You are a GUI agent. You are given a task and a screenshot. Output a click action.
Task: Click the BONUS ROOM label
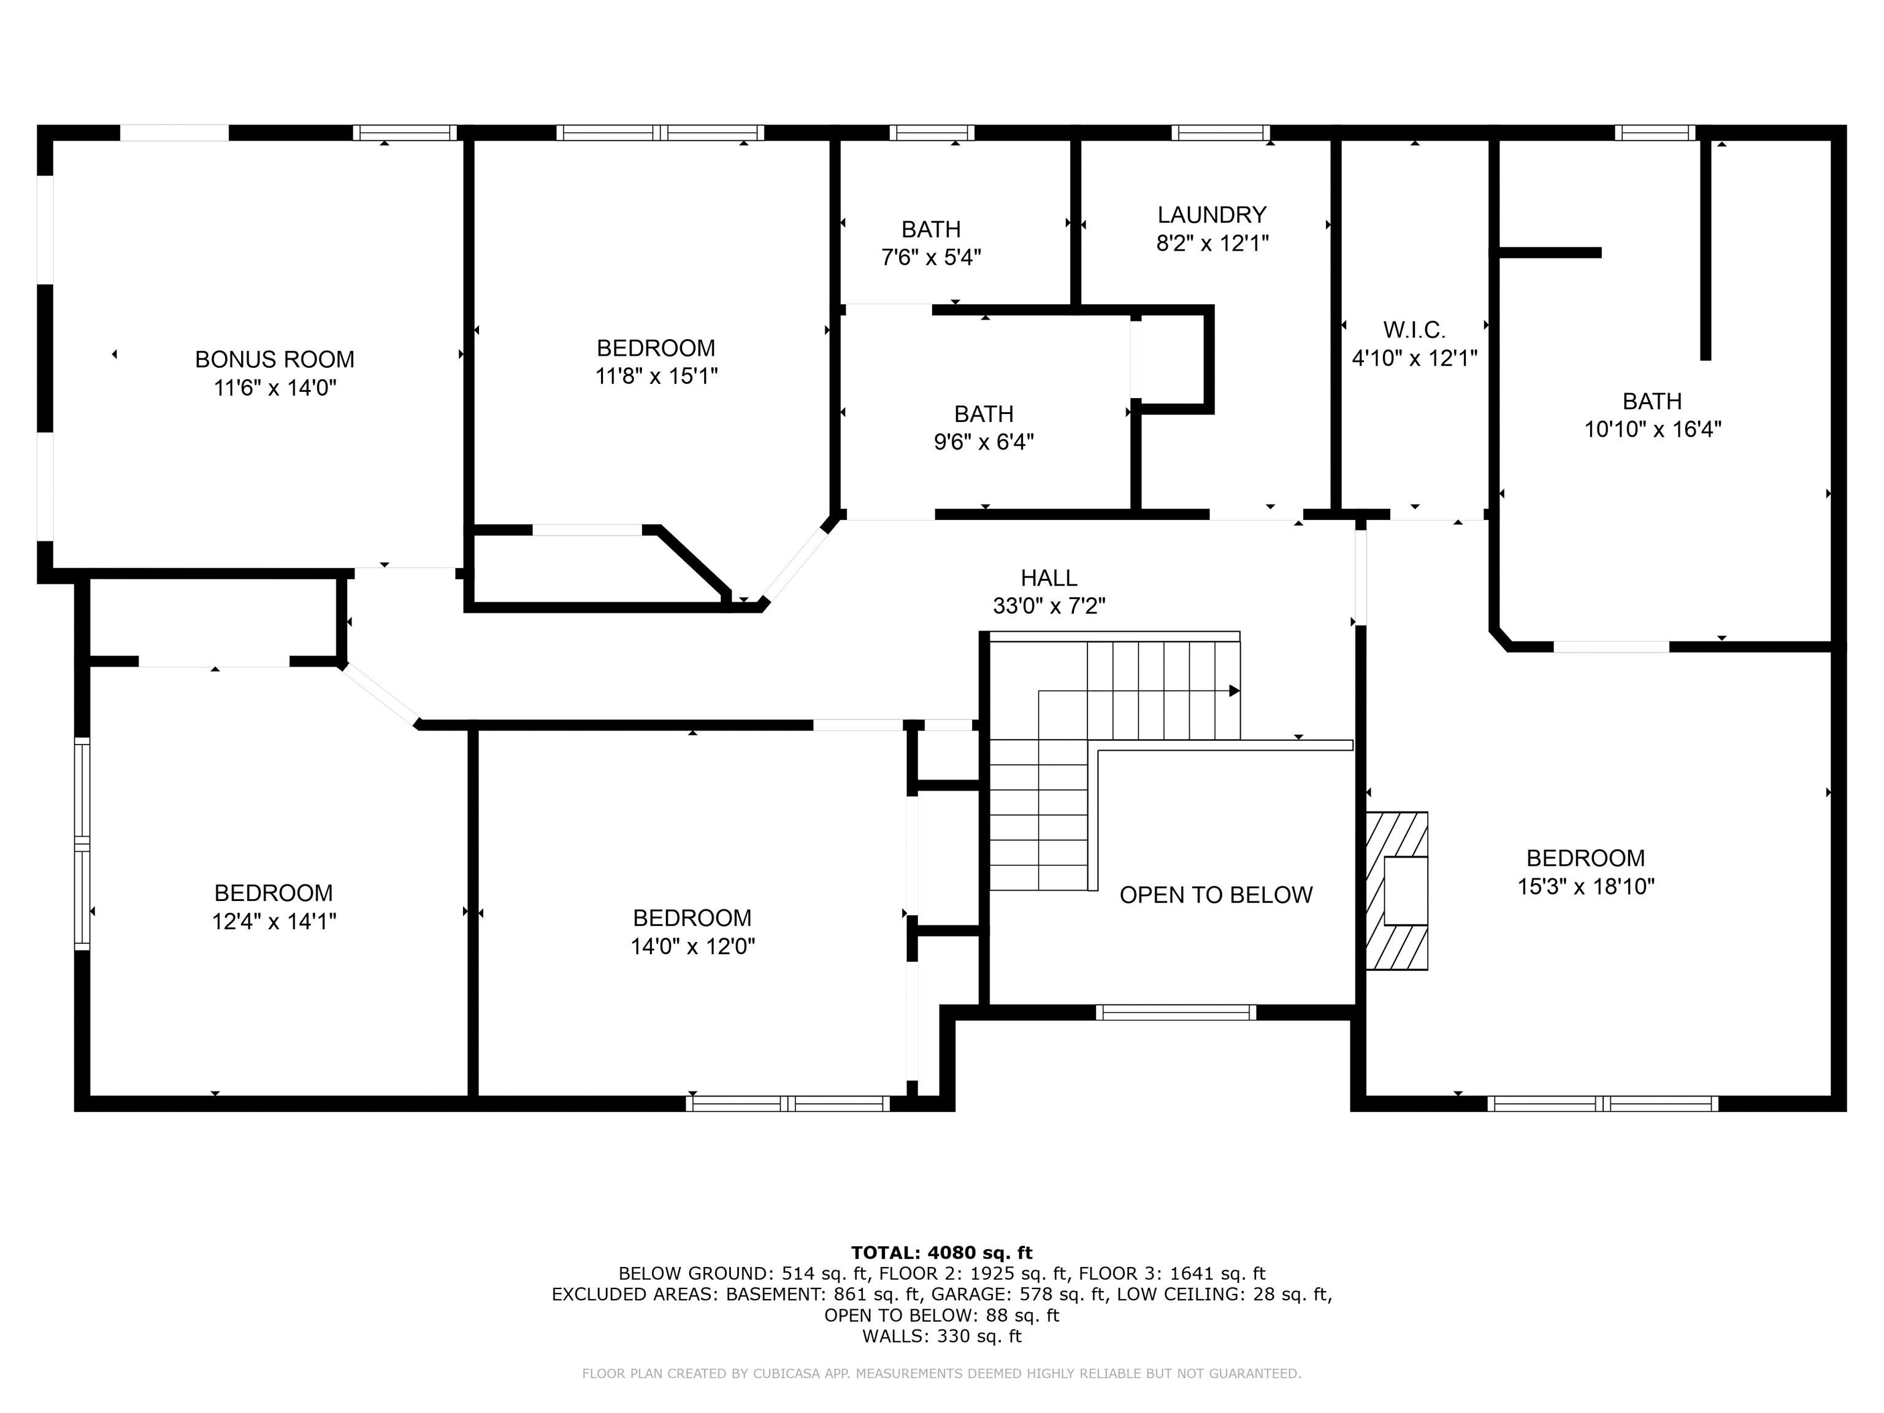274,359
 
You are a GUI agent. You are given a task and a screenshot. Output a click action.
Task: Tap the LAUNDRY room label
1211,215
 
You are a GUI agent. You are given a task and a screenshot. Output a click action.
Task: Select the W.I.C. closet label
1414,329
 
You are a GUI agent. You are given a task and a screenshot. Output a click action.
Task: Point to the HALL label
1049,578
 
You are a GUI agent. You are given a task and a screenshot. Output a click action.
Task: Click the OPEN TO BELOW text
1216,895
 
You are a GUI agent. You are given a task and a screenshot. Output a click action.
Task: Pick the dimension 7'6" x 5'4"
931,257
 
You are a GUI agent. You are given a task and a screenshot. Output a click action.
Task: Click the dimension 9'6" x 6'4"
984,442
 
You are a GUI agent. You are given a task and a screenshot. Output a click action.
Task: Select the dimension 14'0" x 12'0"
692,946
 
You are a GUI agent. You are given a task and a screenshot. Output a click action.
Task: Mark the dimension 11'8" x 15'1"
656,375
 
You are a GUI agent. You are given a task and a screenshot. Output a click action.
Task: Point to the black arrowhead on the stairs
1233,691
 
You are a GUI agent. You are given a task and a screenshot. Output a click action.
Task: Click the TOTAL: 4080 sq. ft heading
941,1252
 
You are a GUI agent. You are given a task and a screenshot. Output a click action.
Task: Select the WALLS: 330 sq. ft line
941,1336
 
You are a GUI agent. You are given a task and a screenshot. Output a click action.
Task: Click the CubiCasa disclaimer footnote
941,1373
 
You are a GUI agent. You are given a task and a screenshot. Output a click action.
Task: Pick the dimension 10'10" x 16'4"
1652,429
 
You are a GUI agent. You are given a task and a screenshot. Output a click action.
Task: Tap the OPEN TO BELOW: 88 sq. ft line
941,1315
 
